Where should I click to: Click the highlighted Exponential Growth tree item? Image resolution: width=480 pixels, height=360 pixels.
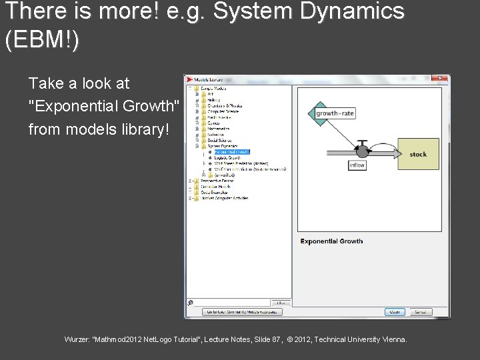point(232,152)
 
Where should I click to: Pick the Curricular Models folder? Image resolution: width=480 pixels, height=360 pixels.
point(215,187)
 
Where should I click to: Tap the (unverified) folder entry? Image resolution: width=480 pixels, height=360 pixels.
point(221,175)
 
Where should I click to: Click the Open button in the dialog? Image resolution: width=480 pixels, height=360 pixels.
point(395,311)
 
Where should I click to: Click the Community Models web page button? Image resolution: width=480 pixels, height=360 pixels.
point(243,311)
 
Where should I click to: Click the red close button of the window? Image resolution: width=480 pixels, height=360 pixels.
point(439,78)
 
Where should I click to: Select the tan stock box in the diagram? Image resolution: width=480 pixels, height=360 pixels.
point(418,155)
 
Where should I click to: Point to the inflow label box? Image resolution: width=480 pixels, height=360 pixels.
point(357,165)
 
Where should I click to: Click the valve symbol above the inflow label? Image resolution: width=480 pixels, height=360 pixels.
point(362,147)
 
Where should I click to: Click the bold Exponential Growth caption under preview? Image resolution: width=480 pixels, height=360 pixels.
point(331,241)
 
